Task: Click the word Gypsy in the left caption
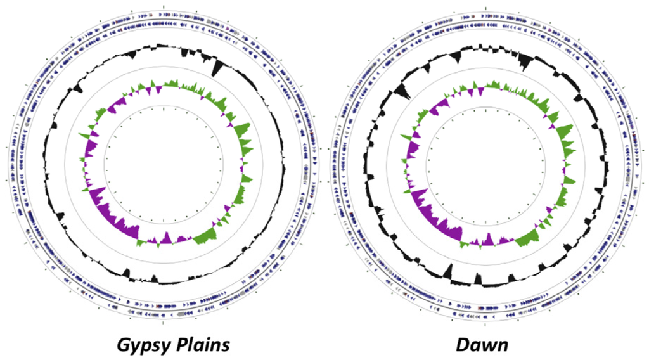141,345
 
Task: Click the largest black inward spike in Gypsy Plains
217,67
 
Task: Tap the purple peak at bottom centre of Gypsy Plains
167,238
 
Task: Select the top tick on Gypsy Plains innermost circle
164,109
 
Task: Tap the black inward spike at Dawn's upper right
525,62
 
